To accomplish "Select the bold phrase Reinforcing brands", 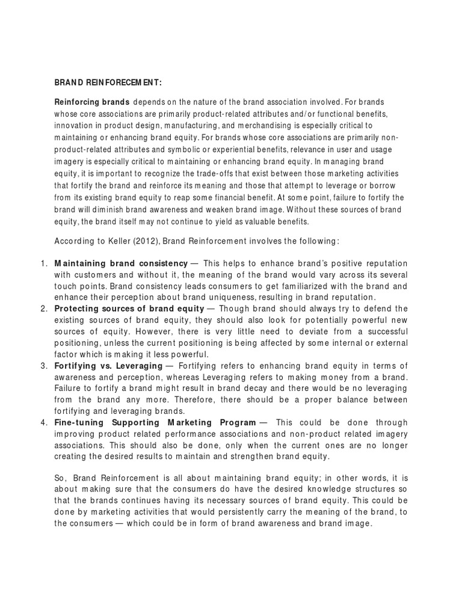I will click(x=92, y=102).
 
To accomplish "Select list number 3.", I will click(x=43, y=366).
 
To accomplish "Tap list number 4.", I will click(x=43, y=423).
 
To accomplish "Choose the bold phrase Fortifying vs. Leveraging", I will click(x=108, y=366).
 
